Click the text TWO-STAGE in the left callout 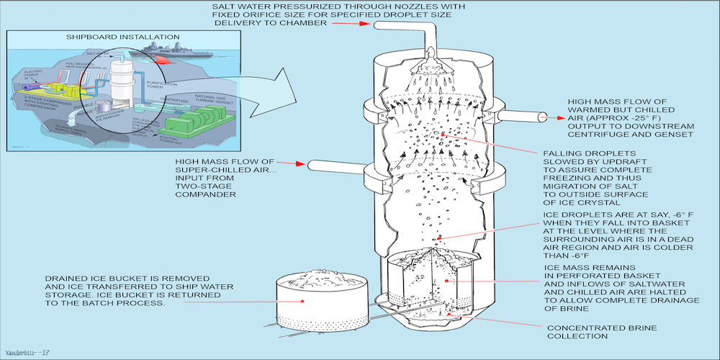click(x=194, y=185)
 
